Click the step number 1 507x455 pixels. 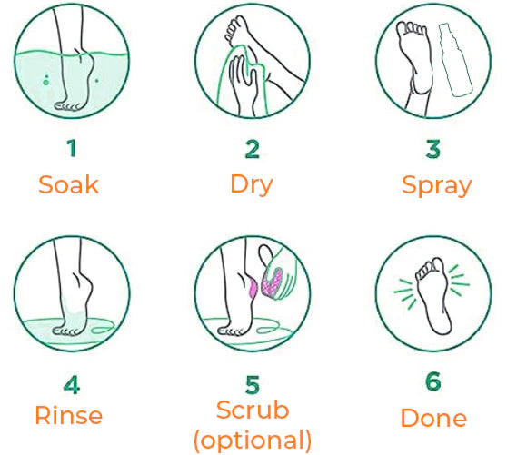point(72,148)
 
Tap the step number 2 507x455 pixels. point(253,149)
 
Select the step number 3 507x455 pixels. point(433,149)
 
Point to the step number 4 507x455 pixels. point(72,384)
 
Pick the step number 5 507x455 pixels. point(253,384)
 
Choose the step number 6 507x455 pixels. point(433,381)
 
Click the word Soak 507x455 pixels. point(68,184)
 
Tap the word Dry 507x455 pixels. point(252,185)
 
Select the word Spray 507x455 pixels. point(436,185)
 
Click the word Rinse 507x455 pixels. point(68,415)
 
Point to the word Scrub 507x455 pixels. point(253,410)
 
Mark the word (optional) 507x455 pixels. point(253,440)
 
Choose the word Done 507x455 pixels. point(433,418)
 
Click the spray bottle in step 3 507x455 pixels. point(455,60)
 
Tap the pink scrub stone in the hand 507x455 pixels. point(272,281)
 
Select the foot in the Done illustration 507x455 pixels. point(433,296)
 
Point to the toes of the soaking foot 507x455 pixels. point(67,106)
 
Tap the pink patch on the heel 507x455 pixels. point(253,288)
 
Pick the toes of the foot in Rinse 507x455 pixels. point(65,331)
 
